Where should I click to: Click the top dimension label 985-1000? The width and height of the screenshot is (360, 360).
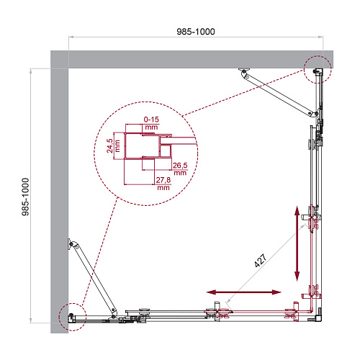click(x=196, y=32)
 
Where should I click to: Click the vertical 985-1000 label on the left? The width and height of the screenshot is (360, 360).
click(x=25, y=197)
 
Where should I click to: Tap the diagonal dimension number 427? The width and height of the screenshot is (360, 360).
click(x=261, y=261)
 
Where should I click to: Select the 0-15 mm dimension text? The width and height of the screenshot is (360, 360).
click(x=151, y=123)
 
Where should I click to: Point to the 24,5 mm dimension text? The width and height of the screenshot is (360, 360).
click(x=113, y=145)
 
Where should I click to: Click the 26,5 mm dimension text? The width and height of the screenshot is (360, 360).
click(x=180, y=168)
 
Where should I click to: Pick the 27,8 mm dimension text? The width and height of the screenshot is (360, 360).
click(x=163, y=184)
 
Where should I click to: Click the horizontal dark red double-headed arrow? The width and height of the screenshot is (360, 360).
click(x=243, y=292)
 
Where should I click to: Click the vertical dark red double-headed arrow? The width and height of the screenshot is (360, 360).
click(x=297, y=243)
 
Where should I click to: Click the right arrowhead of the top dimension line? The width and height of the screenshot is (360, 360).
click(x=321, y=37)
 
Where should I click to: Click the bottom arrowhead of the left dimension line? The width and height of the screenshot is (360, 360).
click(x=31, y=320)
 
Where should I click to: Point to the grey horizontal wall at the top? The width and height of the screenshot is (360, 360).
click(x=192, y=59)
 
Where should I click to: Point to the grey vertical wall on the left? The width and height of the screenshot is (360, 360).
click(x=59, y=192)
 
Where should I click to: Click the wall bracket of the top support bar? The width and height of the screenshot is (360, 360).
click(x=244, y=71)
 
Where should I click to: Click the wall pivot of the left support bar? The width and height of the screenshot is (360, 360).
click(x=71, y=244)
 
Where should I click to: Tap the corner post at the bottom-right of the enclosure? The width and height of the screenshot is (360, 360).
click(x=318, y=318)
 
